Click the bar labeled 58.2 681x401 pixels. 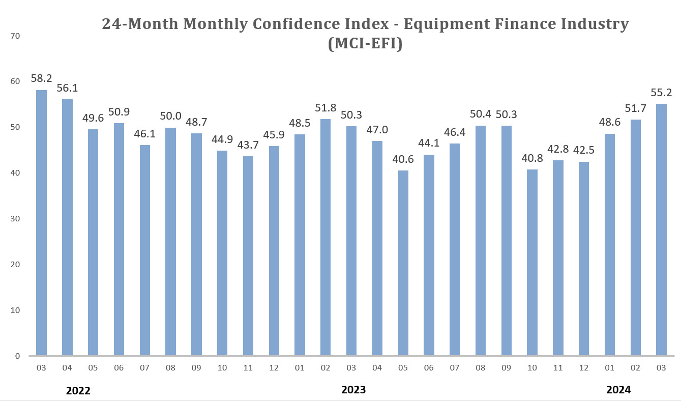tap(41, 223)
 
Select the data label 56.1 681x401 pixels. tap(67, 88)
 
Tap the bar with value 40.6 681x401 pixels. tap(403, 263)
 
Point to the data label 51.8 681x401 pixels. tap(325, 107)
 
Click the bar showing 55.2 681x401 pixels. tap(661, 230)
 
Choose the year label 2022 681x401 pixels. tap(78, 391)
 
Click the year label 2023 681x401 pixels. tap(353, 390)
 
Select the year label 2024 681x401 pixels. tap(618, 390)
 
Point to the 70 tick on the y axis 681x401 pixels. tap(14, 36)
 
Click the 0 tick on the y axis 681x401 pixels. tap(16, 356)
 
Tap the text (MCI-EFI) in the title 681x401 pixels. tap(365, 45)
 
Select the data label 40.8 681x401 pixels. tap(532, 158)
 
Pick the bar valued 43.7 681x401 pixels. tap(248, 256)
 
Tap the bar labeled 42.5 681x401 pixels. tap(584, 259)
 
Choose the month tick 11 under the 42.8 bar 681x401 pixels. tap(558, 367)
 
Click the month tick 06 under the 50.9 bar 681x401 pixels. tap(119, 367)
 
